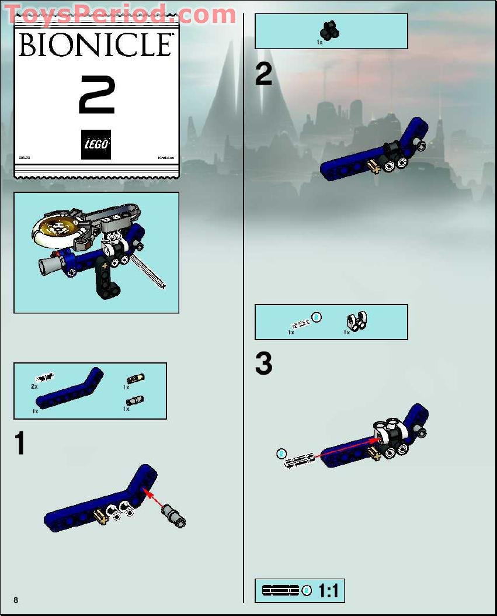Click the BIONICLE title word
click(96, 45)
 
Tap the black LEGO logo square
click(96, 144)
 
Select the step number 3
click(263, 365)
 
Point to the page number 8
click(16, 600)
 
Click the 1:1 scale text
click(328, 591)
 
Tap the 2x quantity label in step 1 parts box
click(34, 386)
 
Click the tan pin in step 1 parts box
click(135, 379)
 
